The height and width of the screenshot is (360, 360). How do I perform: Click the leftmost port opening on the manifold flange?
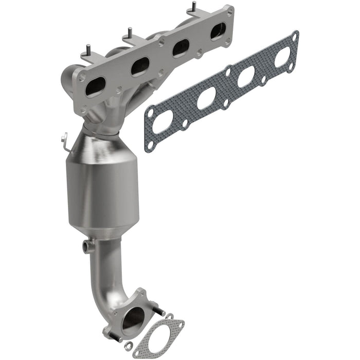point(95,87)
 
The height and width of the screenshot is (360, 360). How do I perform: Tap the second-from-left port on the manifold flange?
point(140,66)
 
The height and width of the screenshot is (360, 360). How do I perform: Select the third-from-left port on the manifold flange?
point(181,48)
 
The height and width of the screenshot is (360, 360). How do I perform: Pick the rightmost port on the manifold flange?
point(218,31)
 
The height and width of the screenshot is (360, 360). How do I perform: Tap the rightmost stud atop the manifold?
point(194,7)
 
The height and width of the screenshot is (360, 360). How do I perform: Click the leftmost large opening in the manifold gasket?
point(163,121)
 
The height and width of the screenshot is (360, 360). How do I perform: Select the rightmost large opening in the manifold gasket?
point(282,58)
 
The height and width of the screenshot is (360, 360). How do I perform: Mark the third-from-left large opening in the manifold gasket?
point(246,77)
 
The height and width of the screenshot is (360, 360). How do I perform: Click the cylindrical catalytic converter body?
point(103,185)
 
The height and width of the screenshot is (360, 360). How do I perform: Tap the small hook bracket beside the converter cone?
point(64,139)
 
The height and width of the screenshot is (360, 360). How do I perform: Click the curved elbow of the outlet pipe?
point(111,288)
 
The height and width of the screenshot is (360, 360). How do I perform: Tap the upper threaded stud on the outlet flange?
point(158,311)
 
